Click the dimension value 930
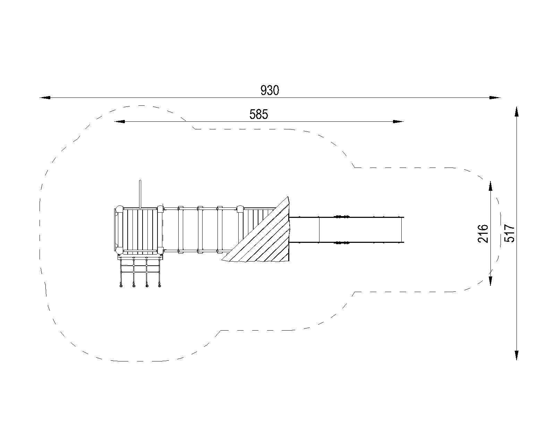tap(270, 91)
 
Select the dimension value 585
tap(259, 114)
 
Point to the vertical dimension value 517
tap(509, 233)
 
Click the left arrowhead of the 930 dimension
tap(45, 98)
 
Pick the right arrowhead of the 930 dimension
tap(495, 98)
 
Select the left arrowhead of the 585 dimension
tap(119, 121)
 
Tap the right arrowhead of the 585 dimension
tap(398, 121)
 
